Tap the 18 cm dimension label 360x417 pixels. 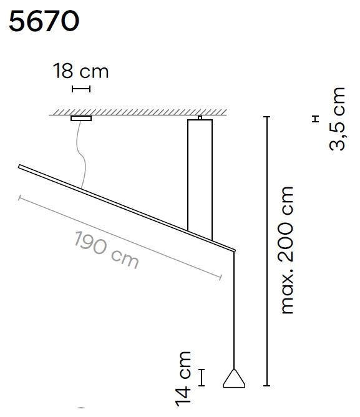[x=81, y=71]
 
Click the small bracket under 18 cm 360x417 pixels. [x=81, y=89]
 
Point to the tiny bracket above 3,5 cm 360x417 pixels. [x=316, y=119]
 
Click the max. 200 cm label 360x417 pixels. [x=286, y=250]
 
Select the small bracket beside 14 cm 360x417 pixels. [x=202, y=377]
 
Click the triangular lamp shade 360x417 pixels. [x=233, y=379]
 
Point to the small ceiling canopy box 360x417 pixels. [x=81, y=118]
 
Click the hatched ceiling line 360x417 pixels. [x=137, y=112]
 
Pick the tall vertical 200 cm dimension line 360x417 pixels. [x=266, y=250]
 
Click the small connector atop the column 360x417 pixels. [x=200, y=117]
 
